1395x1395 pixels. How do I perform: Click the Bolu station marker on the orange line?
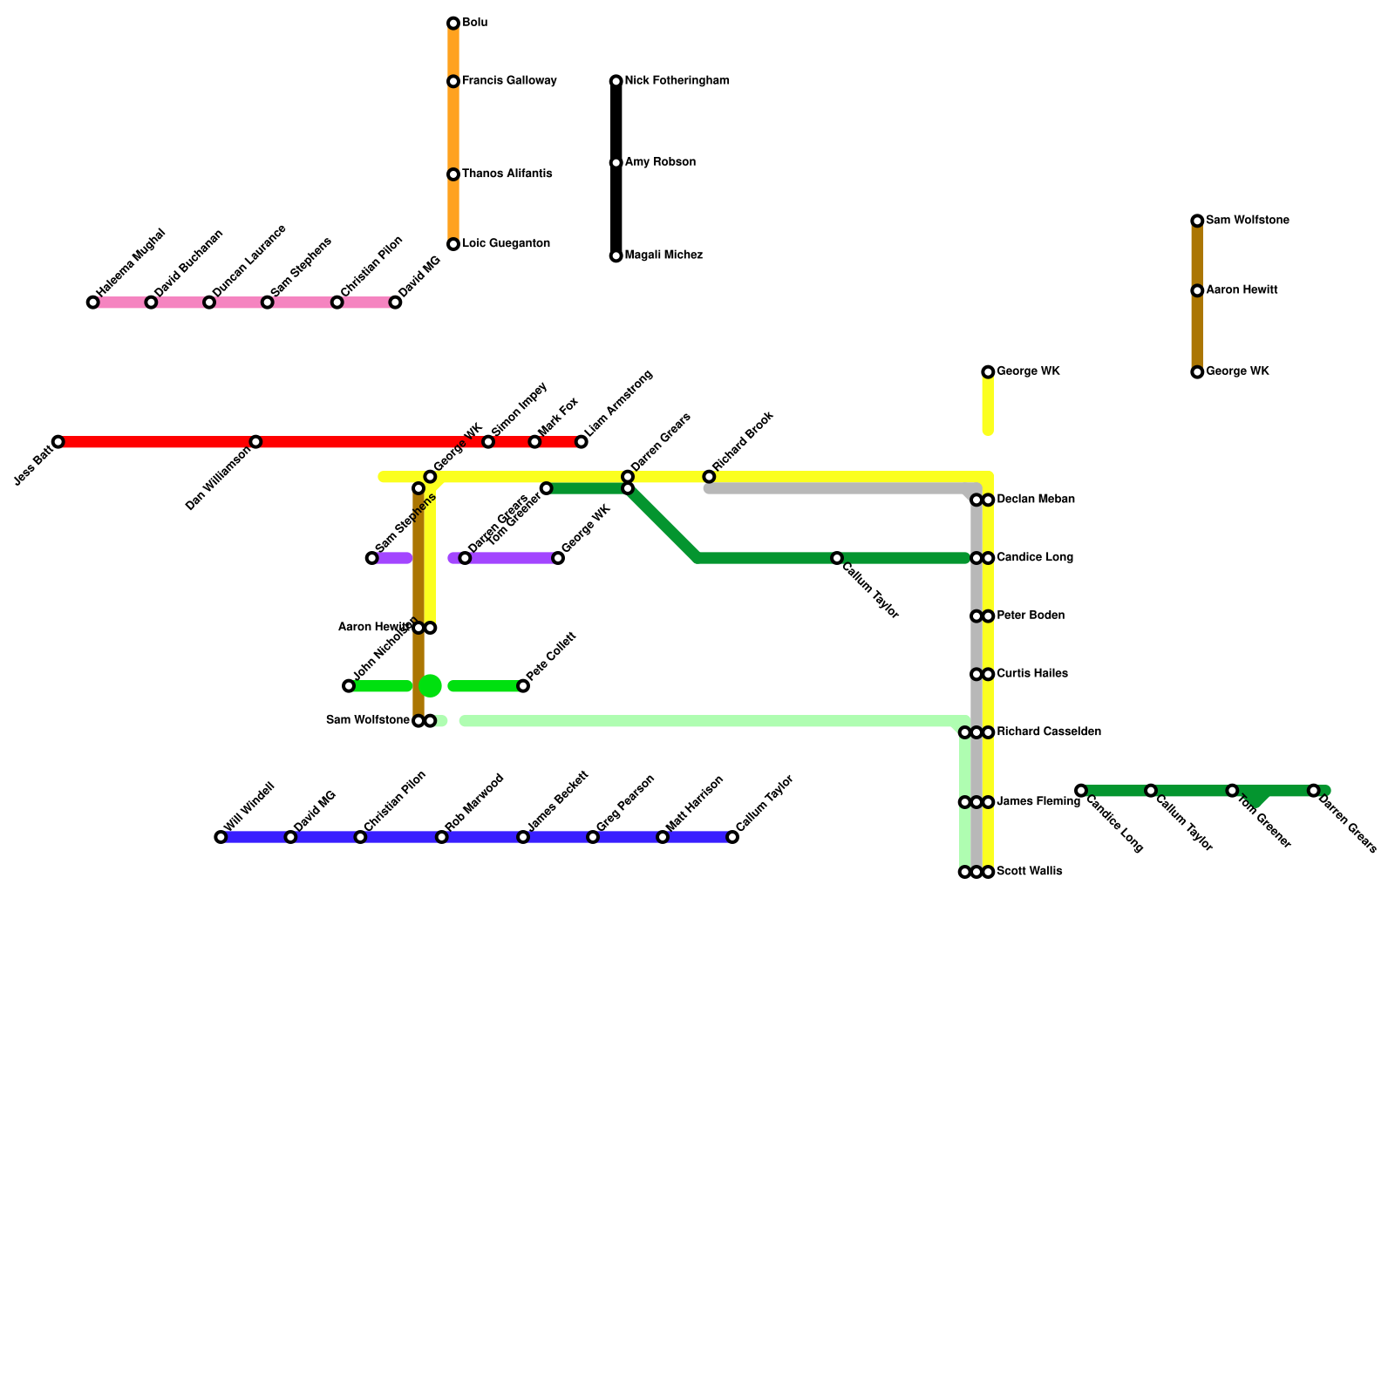453,24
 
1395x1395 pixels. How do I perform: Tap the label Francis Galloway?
508,81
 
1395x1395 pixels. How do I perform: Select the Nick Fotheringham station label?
677,81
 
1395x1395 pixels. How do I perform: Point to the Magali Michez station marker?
616,256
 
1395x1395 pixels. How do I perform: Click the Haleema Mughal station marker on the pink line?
93,303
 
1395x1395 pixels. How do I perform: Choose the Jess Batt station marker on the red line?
58,442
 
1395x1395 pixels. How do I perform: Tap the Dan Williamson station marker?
255,442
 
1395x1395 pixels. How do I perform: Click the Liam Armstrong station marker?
582,442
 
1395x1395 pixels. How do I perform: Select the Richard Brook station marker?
709,477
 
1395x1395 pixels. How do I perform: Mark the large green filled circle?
431,686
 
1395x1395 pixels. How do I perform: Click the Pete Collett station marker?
523,686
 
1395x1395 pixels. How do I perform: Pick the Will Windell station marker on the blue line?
221,837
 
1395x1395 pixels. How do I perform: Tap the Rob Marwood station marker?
442,837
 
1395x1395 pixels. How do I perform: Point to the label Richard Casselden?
1048,732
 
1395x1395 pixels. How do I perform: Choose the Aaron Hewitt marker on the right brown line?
1197,290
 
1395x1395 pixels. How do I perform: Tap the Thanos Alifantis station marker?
453,174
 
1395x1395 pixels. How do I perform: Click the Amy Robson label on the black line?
660,163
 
